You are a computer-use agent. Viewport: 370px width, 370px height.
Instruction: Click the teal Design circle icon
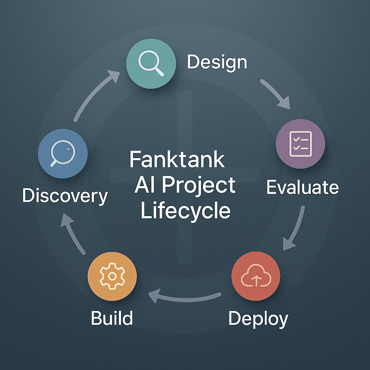point(151,64)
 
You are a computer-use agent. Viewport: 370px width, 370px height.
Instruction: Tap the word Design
point(217,62)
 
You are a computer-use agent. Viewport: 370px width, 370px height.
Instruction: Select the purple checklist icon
point(300,144)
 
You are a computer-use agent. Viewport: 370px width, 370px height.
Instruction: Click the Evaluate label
point(302,188)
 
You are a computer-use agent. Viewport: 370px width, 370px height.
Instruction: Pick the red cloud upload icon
point(256,276)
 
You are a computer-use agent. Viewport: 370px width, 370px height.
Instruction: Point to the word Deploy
point(258,319)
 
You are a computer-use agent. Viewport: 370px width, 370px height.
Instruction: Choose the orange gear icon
point(112,276)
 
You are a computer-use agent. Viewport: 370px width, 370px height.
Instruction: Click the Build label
point(112,318)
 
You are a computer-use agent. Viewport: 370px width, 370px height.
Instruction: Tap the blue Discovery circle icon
point(63,153)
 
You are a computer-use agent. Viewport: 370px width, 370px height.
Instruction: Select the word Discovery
point(65,196)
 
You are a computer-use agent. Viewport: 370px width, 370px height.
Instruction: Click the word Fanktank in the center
point(177,159)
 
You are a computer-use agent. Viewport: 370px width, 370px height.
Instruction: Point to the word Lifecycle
point(185,211)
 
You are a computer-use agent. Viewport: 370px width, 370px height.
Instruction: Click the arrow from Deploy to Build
point(184,299)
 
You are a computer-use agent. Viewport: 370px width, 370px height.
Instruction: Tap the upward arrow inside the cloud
point(257,280)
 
